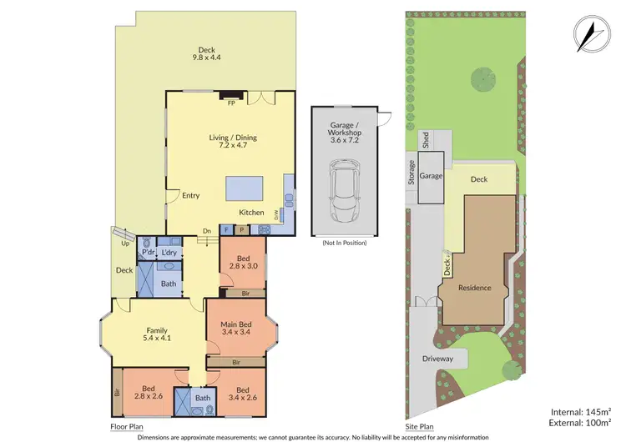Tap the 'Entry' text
click(x=190, y=196)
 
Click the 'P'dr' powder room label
click(x=149, y=253)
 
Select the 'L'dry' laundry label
click(x=169, y=253)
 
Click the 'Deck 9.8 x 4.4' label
click(x=206, y=54)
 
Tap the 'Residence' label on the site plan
click(x=475, y=288)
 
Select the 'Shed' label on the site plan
click(x=425, y=141)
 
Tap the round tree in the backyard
click(x=483, y=79)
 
